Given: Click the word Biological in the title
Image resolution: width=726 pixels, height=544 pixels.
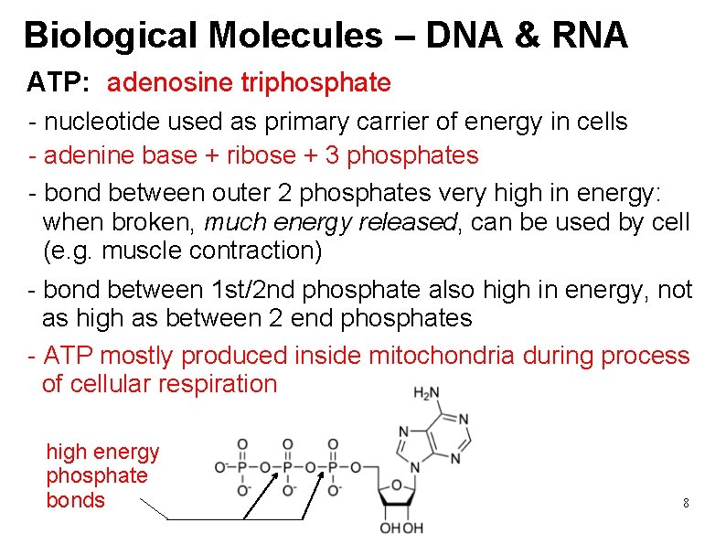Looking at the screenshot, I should point(110,36).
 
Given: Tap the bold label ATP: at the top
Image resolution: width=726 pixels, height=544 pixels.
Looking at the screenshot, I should point(58,83).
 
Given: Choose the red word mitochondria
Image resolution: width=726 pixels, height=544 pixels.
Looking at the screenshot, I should point(442,356).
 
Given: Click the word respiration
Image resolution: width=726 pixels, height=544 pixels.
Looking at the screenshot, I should point(218,384).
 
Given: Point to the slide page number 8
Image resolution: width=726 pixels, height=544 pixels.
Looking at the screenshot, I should point(686,503).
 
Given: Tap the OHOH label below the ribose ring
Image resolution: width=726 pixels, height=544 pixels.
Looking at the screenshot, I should point(402,528).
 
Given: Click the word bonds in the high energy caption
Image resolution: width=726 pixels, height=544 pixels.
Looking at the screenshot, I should point(75,500).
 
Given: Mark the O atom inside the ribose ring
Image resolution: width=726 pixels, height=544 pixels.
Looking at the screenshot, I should point(399,485).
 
